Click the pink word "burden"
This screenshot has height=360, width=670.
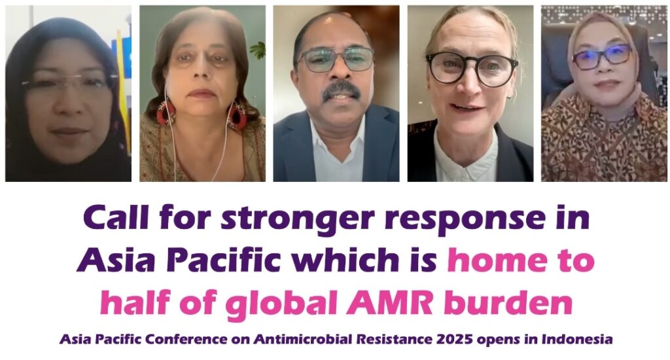coord(508,303)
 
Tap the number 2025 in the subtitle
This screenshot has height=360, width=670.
coord(455,340)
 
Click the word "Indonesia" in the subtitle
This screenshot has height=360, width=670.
coord(577,340)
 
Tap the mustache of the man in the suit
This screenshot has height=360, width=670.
coord(341,90)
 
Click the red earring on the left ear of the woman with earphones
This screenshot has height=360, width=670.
coord(166,113)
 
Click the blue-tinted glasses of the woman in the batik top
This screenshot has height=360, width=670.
coord(602,57)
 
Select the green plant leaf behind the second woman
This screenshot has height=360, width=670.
coord(258,50)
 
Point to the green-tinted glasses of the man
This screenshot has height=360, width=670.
coord(336,60)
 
